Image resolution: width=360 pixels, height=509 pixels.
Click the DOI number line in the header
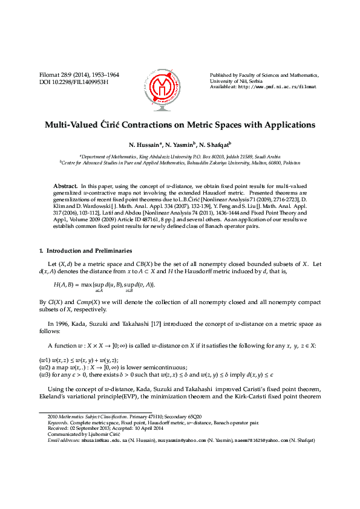tap(73, 82)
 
